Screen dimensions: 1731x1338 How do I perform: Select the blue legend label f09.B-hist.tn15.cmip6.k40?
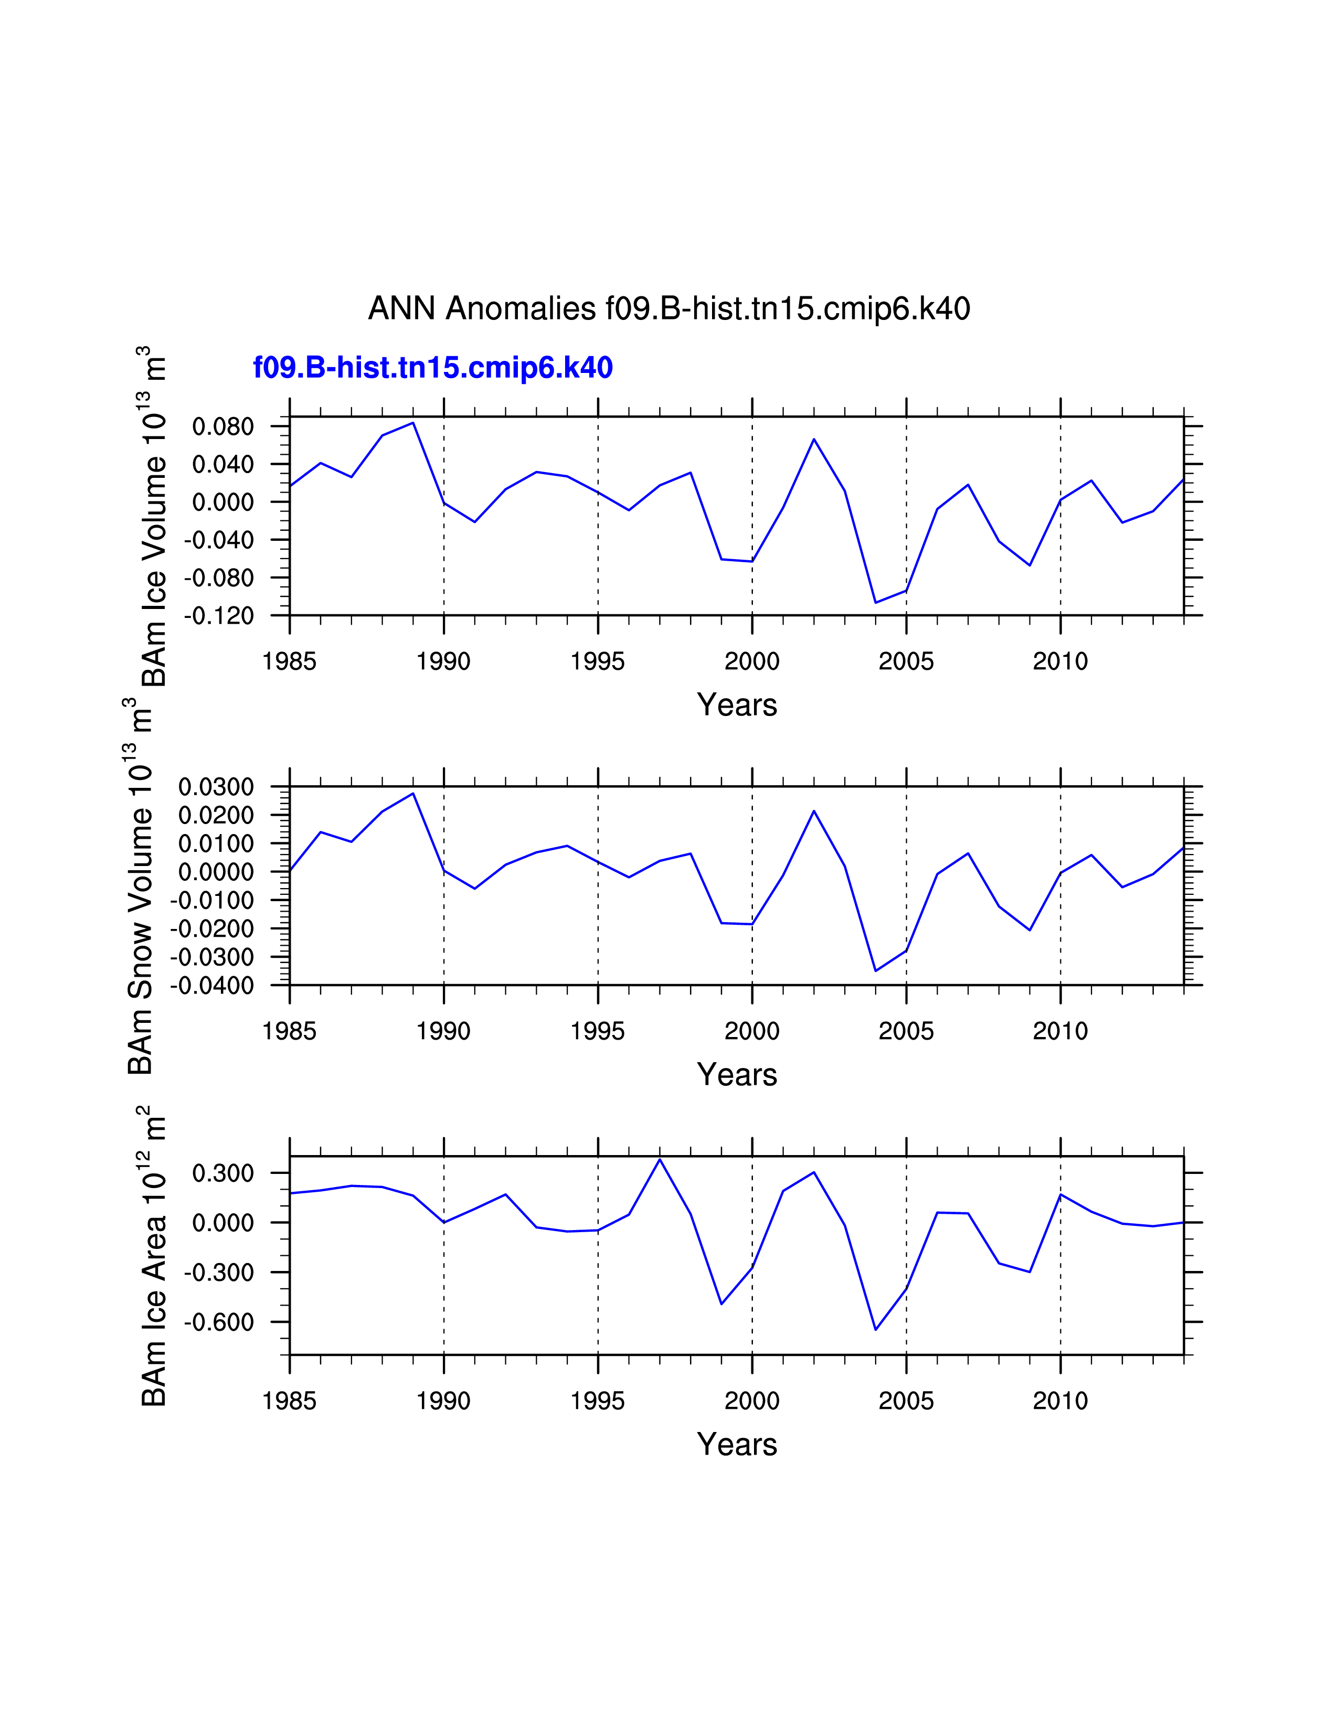pos(433,368)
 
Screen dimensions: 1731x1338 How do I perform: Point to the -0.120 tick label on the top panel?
pos(219,616)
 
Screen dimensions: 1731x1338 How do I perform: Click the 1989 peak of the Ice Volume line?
pos(413,422)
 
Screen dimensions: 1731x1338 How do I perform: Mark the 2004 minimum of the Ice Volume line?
pos(876,602)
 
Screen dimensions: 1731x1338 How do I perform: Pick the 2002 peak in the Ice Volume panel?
pos(814,439)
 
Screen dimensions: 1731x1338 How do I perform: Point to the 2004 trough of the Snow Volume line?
pos(876,971)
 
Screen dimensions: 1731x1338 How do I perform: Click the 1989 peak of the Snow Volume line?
pos(413,793)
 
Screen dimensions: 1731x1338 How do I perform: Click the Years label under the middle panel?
pos(737,1075)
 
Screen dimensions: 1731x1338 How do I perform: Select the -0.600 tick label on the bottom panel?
pos(219,1323)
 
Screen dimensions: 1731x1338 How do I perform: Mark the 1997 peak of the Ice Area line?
pos(660,1160)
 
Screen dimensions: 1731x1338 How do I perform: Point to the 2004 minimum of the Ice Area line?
pos(876,1330)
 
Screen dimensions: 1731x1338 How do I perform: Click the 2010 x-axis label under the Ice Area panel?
pos(1060,1401)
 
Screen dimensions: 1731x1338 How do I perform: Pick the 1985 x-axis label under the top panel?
pos(289,661)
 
